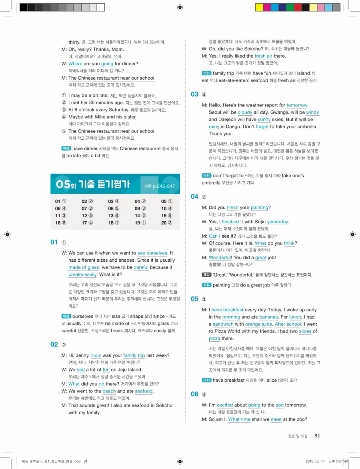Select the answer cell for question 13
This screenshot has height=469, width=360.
114,216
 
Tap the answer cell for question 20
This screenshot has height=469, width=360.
167,223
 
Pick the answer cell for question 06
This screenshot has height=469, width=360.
61,208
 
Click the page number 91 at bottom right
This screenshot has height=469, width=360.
317,436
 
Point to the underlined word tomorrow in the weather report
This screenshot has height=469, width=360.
297,105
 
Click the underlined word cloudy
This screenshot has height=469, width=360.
245,112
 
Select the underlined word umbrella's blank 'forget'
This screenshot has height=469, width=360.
262,127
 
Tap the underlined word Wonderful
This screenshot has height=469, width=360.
220,258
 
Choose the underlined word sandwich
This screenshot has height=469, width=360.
223,324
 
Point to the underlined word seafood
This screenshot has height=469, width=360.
144,391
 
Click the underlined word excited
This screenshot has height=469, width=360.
225,405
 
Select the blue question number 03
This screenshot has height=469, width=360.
194,94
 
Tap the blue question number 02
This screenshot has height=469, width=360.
54,344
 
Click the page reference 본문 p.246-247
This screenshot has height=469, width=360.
159,186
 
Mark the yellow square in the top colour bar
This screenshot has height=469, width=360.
259,7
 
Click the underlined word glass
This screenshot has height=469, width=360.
93,267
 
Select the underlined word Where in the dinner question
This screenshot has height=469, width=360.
75,64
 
